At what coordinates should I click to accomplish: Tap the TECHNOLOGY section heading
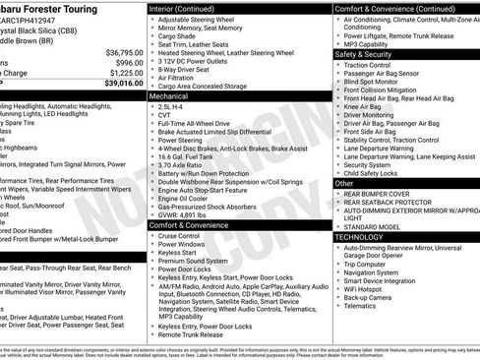tap(360, 237)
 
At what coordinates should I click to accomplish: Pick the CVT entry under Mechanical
tap(165, 118)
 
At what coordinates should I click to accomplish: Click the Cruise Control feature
tap(179, 236)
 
